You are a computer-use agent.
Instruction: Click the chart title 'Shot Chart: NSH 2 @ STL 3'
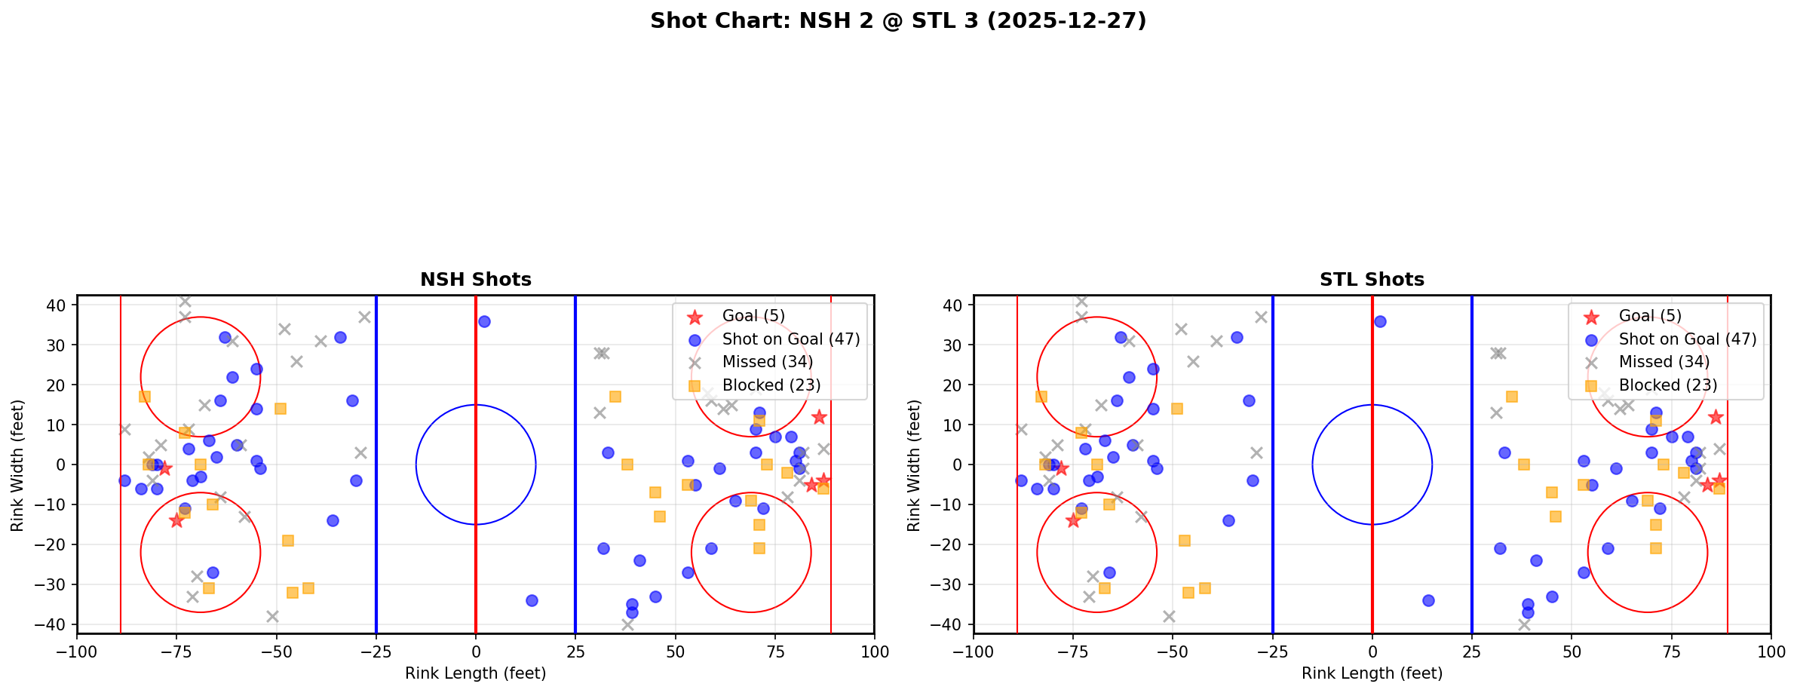898,21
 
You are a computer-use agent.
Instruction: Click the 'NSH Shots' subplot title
476,280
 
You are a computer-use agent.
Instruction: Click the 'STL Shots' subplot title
1372,280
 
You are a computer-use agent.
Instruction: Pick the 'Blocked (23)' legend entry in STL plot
1668,385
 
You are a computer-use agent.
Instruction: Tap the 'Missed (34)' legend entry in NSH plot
767,362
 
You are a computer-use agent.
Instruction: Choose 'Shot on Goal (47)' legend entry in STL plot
1688,339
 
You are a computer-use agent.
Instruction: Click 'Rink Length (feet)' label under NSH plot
476,673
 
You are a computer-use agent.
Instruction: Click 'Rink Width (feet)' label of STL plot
914,465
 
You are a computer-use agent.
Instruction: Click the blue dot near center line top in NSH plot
484,321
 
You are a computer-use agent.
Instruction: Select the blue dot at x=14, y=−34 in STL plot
1428,601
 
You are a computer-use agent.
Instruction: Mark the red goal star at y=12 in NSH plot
819,417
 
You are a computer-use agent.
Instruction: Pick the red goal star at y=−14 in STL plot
1073,520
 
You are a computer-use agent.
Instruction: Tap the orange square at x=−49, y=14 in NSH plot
281,409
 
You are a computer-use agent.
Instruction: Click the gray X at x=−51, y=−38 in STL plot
1169,617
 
